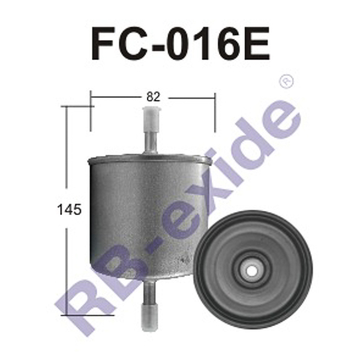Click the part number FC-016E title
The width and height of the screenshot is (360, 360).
pyautogui.click(x=181, y=44)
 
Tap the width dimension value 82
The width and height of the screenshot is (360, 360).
pyautogui.click(x=153, y=97)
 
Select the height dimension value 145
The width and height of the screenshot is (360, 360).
pyautogui.click(x=70, y=209)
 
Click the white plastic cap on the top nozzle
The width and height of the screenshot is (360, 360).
pyautogui.click(x=151, y=119)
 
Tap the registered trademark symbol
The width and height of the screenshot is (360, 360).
pyautogui.click(x=286, y=81)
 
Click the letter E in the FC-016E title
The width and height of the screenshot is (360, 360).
pyautogui.click(x=257, y=44)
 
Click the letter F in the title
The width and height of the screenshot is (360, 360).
pyautogui.click(x=103, y=44)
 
